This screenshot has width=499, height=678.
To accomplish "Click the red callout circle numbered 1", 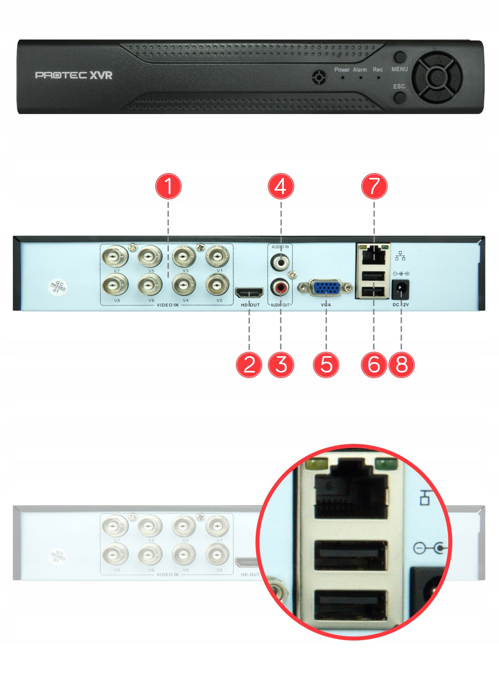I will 168,186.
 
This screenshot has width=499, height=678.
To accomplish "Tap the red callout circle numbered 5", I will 326,365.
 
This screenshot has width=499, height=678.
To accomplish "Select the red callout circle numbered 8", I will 401,365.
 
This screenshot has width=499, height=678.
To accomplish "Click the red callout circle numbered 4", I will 281,186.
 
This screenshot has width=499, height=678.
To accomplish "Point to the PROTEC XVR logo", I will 74,75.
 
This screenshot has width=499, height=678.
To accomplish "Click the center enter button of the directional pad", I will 438,77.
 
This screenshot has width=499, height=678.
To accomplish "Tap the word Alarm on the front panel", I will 360,69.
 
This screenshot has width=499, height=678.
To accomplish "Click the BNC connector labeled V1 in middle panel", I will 217,256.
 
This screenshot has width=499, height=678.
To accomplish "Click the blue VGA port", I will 326,288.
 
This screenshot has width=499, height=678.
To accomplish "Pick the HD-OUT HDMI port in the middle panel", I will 249,293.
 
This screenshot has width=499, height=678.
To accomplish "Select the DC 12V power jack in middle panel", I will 400,290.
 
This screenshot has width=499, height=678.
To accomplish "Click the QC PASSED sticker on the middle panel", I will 58,286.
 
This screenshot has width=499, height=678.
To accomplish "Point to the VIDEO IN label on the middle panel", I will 168,305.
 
